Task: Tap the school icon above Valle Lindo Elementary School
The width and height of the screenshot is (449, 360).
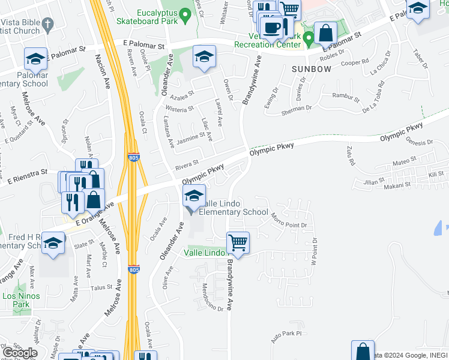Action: click(x=194, y=196)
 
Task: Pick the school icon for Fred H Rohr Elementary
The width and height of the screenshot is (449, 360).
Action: click(x=53, y=244)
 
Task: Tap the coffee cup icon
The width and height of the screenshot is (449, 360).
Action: click(x=272, y=26)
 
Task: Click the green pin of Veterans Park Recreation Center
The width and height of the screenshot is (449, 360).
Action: click(x=309, y=40)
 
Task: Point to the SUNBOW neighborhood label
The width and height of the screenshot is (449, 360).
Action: click(x=311, y=69)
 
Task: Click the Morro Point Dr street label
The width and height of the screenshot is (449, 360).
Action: click(x=288, y=220)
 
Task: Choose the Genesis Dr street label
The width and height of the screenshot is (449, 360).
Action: click(x=418, y=142)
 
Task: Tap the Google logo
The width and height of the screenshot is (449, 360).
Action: click(x=19, y=353)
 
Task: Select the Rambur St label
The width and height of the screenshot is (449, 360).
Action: click(x=346, y=95)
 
